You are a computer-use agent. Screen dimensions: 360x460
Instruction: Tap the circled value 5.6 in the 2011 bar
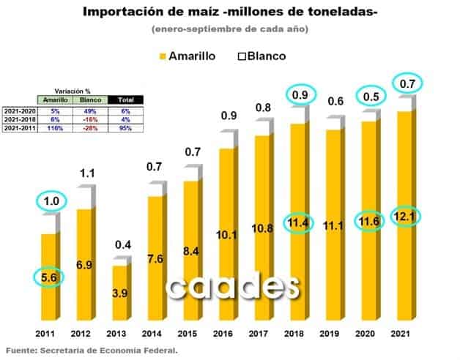pos(48,277)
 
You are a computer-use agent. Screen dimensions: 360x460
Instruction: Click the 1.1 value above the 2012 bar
pos(88,174)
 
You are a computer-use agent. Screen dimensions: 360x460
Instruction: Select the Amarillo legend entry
pos(186,56)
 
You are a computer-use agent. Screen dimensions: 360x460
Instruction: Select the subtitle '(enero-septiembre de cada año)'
pos(229,29)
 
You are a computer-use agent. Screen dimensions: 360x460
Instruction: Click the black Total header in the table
pos(125,100)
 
